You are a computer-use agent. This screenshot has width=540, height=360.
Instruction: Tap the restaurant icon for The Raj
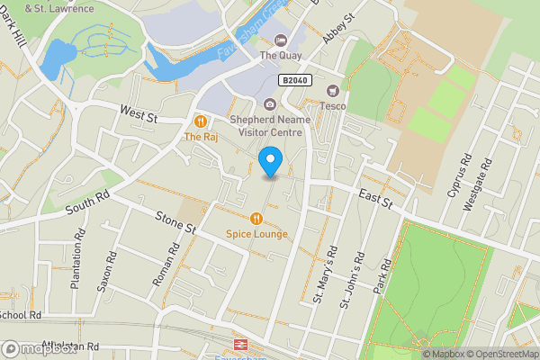(x=201, y=121)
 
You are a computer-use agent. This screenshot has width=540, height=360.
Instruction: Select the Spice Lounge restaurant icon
(x=256, y=218)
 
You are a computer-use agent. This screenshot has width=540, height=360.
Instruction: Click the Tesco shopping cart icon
(x=333, y=90)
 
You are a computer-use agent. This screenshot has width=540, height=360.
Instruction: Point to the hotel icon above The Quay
(x=280, y=40)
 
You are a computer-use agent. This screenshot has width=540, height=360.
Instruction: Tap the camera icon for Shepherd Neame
(x=270, y=104)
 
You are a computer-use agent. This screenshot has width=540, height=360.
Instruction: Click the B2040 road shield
(x=296, y=80)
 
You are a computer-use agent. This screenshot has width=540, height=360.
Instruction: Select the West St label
(x=139, y=113)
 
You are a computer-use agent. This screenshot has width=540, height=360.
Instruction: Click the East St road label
(x=375, y=200)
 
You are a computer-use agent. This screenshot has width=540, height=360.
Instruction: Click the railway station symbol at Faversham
(x=240, y=345)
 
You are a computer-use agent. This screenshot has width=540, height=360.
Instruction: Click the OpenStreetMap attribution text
(x=499, y=354)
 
